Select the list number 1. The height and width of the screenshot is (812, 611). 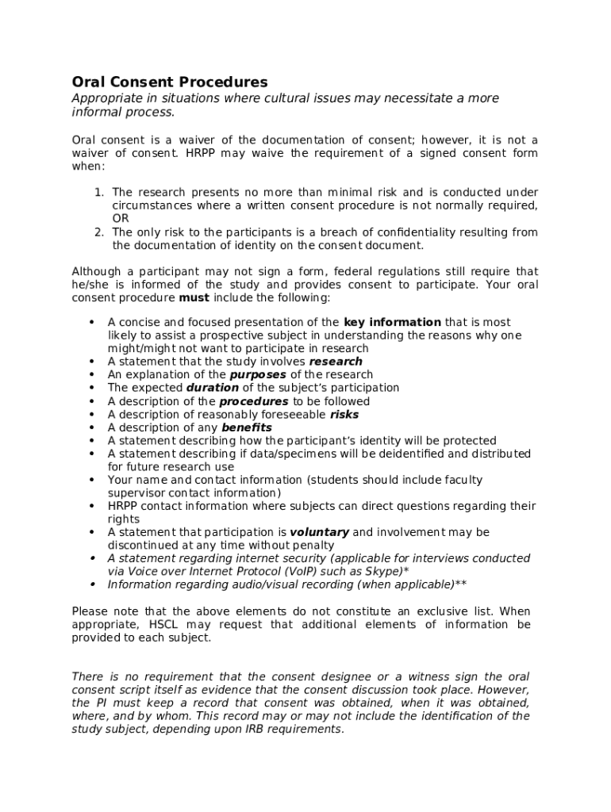tap(98, 193)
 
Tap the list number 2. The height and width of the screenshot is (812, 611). tap(98, 232)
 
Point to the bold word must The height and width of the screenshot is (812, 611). tap(194, 298)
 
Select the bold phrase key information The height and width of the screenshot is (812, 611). tap(392, 322)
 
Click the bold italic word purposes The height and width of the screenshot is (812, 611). tap(258, 374)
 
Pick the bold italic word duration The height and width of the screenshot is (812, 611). tap(212, 388)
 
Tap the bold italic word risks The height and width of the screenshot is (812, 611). tap(344, 414)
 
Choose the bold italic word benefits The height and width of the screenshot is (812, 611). tap(246, 427)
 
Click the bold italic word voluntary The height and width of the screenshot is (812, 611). tap(319, 532)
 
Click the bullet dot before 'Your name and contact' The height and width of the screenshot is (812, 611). tap(92, 480)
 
